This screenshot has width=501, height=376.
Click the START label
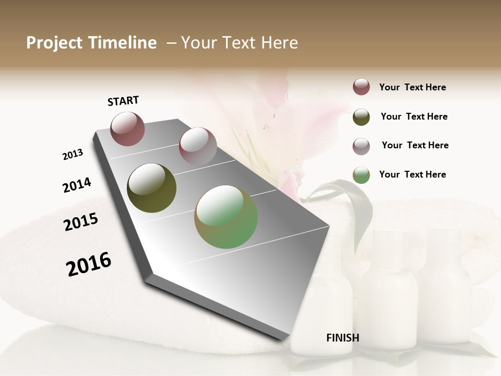(123, 101)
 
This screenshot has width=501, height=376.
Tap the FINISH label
(342, 338)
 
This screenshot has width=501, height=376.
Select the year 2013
(73, 155)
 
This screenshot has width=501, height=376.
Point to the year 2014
(77, 185)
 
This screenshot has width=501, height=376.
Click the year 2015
(81, 222)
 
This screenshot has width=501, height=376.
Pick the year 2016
(89, 264)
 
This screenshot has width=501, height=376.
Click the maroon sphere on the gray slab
(127, 129)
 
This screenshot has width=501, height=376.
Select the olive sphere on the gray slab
(151, 188)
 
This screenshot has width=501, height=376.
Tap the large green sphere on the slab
(226, 217)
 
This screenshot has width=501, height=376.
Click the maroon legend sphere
(361, 87)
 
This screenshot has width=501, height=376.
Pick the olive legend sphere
(361, 117)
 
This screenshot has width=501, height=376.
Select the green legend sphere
(361, 175)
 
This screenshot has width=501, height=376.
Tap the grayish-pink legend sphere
(361, 146)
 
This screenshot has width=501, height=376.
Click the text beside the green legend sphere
(412, 174)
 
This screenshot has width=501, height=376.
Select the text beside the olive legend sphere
(414, 116)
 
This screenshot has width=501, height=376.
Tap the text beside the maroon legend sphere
(412, 87)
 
